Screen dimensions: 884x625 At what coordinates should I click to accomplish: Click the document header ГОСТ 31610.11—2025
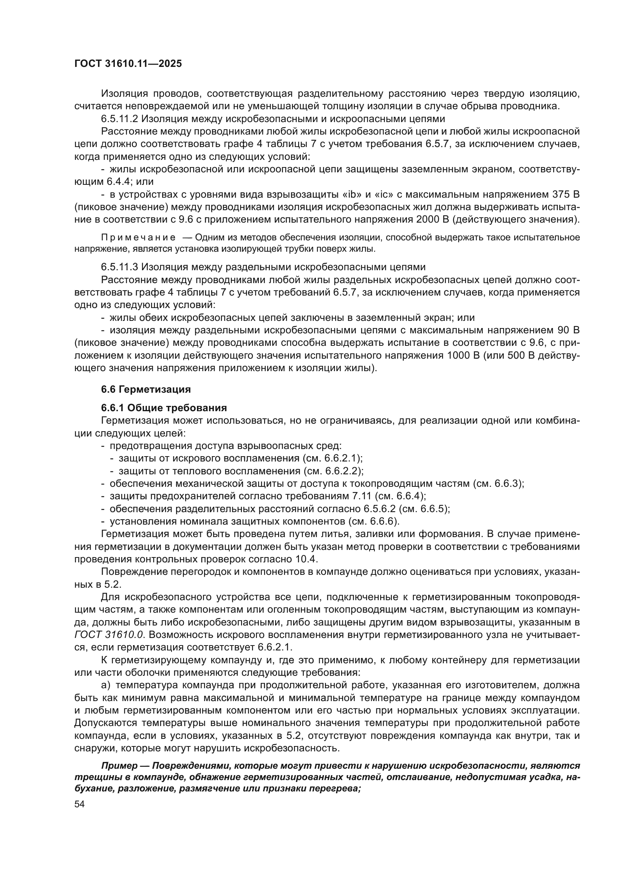point(128,64)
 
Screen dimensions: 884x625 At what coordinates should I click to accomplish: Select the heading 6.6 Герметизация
point(146,389)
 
